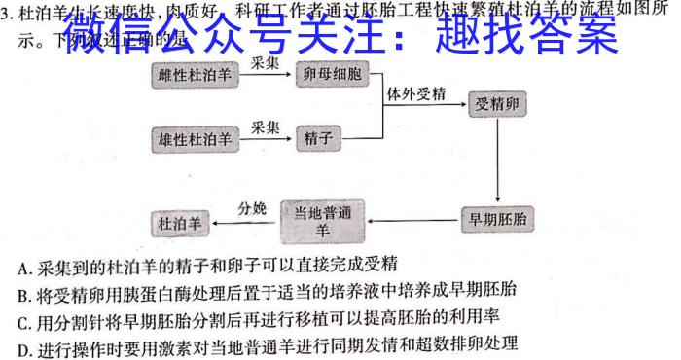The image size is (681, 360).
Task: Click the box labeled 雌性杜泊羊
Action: (x=196, y=75)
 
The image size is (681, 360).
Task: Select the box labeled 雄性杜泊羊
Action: (x=196, y=138)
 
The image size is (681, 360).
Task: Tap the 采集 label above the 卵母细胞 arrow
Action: (x=266, y=60)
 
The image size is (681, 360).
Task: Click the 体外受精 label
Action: (x=416, y=93)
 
